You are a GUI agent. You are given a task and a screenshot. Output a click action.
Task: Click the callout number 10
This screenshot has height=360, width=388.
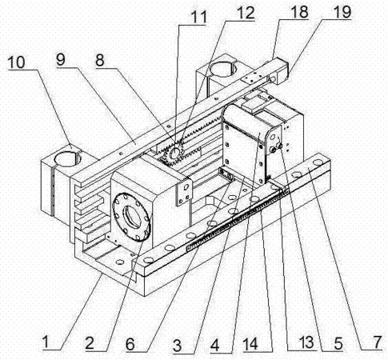(x=16, y=62)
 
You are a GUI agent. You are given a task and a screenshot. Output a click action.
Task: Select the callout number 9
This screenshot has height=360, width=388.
(x=61, y=60)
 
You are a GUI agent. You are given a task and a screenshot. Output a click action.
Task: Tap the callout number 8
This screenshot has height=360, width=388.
(x=100, y=61)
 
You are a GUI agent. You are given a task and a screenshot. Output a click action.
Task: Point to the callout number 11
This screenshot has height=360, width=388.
(x=199, y=18)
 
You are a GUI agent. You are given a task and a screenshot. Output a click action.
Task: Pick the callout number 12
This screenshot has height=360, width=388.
(x=246, y=13)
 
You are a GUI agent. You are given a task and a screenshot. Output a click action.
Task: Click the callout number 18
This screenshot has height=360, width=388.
(x=299, y=12)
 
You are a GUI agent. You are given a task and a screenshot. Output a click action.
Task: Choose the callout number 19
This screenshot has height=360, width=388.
(x=342, y=12)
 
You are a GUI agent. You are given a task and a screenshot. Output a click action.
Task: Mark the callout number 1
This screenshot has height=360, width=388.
(x=46, y=342)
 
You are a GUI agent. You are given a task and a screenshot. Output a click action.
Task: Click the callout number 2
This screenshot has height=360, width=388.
(x=90, y=343)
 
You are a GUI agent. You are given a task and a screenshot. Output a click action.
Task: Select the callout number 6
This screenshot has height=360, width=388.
(x=130, y=344)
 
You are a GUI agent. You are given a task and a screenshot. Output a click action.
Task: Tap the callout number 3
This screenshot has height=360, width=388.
(x=177, y=346)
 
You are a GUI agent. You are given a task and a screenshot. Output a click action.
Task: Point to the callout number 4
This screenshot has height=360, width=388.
(x=214, y=346)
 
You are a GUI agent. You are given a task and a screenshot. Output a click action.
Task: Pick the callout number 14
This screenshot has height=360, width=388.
(x=250, y=344)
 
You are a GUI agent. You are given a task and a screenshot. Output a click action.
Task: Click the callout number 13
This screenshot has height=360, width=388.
(x=306, y=342)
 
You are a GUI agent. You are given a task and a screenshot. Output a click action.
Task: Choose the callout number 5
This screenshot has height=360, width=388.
(x=338, y=343)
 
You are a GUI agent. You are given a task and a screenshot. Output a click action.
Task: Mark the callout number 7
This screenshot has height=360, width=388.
(x=378, y=342)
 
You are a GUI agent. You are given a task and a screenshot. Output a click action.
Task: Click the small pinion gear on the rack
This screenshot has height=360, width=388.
(x=174, y=154)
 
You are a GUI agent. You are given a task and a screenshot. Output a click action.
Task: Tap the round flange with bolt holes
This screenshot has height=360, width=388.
(x=131, y=217)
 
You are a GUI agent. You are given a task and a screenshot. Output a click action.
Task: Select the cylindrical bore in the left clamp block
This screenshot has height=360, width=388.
(x=67, y=158)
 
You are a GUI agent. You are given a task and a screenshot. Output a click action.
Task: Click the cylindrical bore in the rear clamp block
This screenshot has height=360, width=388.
(x=223, y=68)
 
